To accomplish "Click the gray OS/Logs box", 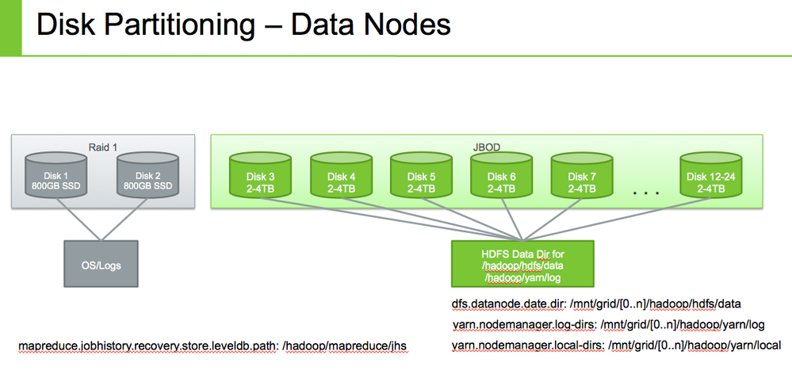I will tap(100, 264).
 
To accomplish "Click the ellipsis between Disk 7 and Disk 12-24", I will tap(646, 193).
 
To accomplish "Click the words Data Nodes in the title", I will tap(371, 25).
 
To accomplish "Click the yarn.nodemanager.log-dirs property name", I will tap(524, 325).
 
